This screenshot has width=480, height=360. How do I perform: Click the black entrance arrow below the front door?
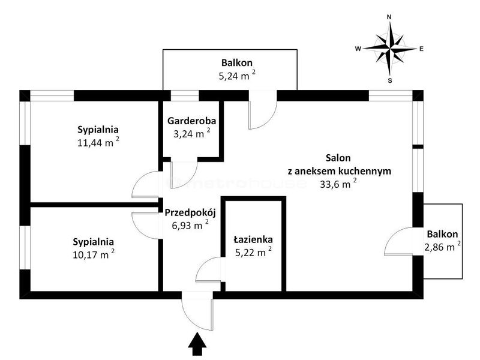point(197,344)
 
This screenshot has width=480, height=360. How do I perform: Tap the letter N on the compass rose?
point(389,17)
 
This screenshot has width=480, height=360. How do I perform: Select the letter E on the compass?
point(422,49)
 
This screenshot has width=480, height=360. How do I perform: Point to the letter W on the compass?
point(358,49)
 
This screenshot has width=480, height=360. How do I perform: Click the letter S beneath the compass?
point(390,81)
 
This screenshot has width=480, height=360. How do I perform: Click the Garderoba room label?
point(191,121)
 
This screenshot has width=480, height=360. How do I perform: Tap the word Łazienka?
point(253,239)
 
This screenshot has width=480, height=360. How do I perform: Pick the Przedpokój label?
point(190,212)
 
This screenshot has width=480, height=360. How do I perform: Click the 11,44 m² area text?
point(98,142)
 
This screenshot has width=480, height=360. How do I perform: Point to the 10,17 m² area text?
point(94,254)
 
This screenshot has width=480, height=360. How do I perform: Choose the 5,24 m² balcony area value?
point(237,76)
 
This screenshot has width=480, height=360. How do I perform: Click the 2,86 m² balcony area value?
point(442,247)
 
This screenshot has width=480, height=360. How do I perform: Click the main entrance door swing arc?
point(190,320)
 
